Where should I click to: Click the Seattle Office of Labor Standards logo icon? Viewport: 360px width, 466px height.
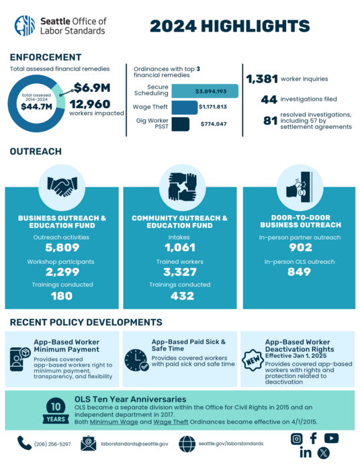coord(25,26)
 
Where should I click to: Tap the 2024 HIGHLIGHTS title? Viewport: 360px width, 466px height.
coord(230,26)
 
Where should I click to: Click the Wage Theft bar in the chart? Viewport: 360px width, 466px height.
coord(184,107)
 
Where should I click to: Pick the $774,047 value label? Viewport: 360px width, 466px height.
coord(214,124)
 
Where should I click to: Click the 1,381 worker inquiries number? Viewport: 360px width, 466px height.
coord(261,79)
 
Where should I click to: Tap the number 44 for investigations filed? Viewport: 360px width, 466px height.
coord(269,100)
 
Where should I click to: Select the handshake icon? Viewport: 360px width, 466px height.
coord(61,186)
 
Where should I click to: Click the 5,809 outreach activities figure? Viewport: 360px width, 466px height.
coord(61,248)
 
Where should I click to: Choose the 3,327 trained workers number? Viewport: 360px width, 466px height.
coord(179,272)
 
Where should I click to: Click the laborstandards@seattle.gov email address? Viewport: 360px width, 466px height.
coord(134,443)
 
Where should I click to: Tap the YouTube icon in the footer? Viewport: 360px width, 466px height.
coord(331,438)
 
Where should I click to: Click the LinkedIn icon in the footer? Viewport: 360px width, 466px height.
coord(305,453)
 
